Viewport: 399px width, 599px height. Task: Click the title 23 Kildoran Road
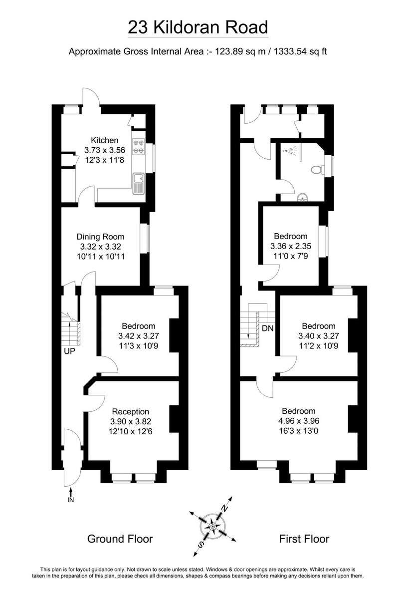[x=198, y=27]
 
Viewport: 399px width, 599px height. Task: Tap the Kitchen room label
[x=104, y=140]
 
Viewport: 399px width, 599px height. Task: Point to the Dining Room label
[x=100, y=237]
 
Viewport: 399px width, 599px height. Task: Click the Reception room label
[x=131, y=411]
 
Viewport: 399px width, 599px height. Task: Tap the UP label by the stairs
[x=69, y=351]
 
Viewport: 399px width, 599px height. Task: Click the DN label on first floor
[x=267, y=328]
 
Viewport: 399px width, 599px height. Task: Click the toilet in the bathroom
[x=316, y=170]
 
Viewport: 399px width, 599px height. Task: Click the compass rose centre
[x=213, y=526]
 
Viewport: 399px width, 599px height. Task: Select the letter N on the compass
[x=225, y=507]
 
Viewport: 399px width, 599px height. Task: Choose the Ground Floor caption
[x=120, y=539]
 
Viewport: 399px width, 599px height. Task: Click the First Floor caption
[x=304, y=539]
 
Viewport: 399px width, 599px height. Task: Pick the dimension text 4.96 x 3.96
[x=298, y=421]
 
